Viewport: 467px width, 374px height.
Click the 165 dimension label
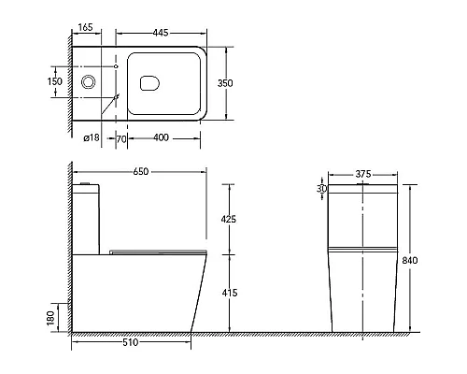(86, 27)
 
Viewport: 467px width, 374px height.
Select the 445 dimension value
(161, 33)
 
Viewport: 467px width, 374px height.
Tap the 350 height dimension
(225, 83)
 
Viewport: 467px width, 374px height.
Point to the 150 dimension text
(55, 81)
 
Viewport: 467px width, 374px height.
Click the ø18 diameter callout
(92, 137)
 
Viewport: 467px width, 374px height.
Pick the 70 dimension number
(121, 139)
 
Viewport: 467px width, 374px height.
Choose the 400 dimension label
(161, 137)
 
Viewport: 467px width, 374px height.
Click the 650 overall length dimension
(141, 171)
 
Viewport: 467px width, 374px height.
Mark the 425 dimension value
(229, 219)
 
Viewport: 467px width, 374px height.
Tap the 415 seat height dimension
(230, 293)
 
